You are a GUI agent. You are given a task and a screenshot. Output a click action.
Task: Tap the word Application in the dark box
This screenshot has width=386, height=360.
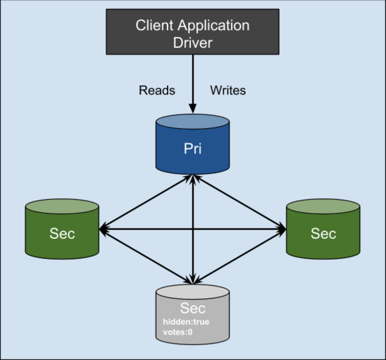pos(214,26)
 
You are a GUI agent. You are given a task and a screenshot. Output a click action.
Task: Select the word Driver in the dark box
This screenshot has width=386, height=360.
pos(192,43)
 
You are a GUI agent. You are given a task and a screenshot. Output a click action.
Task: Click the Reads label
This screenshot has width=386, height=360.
pos(157,90)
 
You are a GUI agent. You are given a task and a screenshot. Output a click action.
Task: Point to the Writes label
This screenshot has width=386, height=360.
pos(228,90)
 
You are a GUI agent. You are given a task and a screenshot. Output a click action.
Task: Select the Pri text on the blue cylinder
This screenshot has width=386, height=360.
pos(192,149)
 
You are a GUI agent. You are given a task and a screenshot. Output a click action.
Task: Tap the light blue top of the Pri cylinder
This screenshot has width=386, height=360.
pos(192,122)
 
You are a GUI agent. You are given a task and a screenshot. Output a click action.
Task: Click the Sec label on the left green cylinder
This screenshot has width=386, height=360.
pos(62,233)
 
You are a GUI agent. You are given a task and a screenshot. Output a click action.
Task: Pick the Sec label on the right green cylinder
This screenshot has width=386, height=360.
pos(323,233)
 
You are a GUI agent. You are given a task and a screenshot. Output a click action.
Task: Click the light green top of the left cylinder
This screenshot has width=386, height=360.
pos(62,206)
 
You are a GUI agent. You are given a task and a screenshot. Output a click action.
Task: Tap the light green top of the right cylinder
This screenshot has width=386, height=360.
pos(323,206)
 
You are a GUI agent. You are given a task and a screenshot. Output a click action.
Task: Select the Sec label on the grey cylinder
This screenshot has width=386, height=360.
pos(192,308)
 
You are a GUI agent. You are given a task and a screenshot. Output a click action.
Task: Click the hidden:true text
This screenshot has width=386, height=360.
pos(186,322)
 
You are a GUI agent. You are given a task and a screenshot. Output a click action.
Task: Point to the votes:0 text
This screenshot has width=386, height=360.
pos(178,332)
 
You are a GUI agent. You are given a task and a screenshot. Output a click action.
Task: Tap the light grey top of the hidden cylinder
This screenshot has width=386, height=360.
pos(192,291)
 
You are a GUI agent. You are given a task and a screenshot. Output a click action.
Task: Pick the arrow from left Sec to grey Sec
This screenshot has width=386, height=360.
pos(146,256)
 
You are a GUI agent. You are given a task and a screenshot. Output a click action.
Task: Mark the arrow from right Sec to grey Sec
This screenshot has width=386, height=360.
pos(239,256)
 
